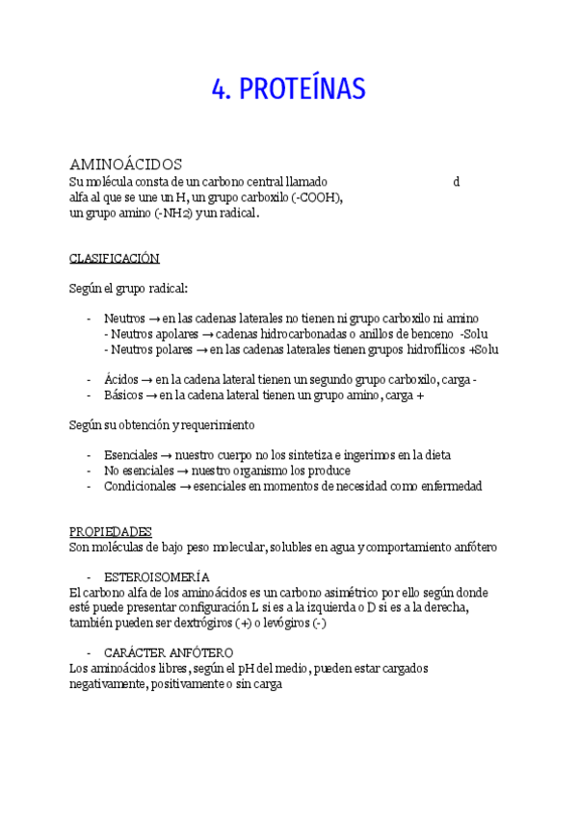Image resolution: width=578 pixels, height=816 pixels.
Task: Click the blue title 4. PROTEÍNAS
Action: (289, 90)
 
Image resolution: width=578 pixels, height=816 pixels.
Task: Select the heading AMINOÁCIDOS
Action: (126, 165)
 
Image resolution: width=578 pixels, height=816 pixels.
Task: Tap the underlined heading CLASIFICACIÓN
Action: (115, 259)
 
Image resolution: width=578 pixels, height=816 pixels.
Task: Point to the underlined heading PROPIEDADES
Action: (111, 531)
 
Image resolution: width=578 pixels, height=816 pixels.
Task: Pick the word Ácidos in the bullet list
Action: (121, 380)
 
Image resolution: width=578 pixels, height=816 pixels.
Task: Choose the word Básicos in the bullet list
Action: (124, 395)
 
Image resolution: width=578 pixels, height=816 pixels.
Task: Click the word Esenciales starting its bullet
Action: (131, 455)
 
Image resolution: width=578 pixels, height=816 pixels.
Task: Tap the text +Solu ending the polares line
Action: (484, 349)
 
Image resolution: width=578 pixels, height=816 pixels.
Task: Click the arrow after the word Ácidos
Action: (149, 380)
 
